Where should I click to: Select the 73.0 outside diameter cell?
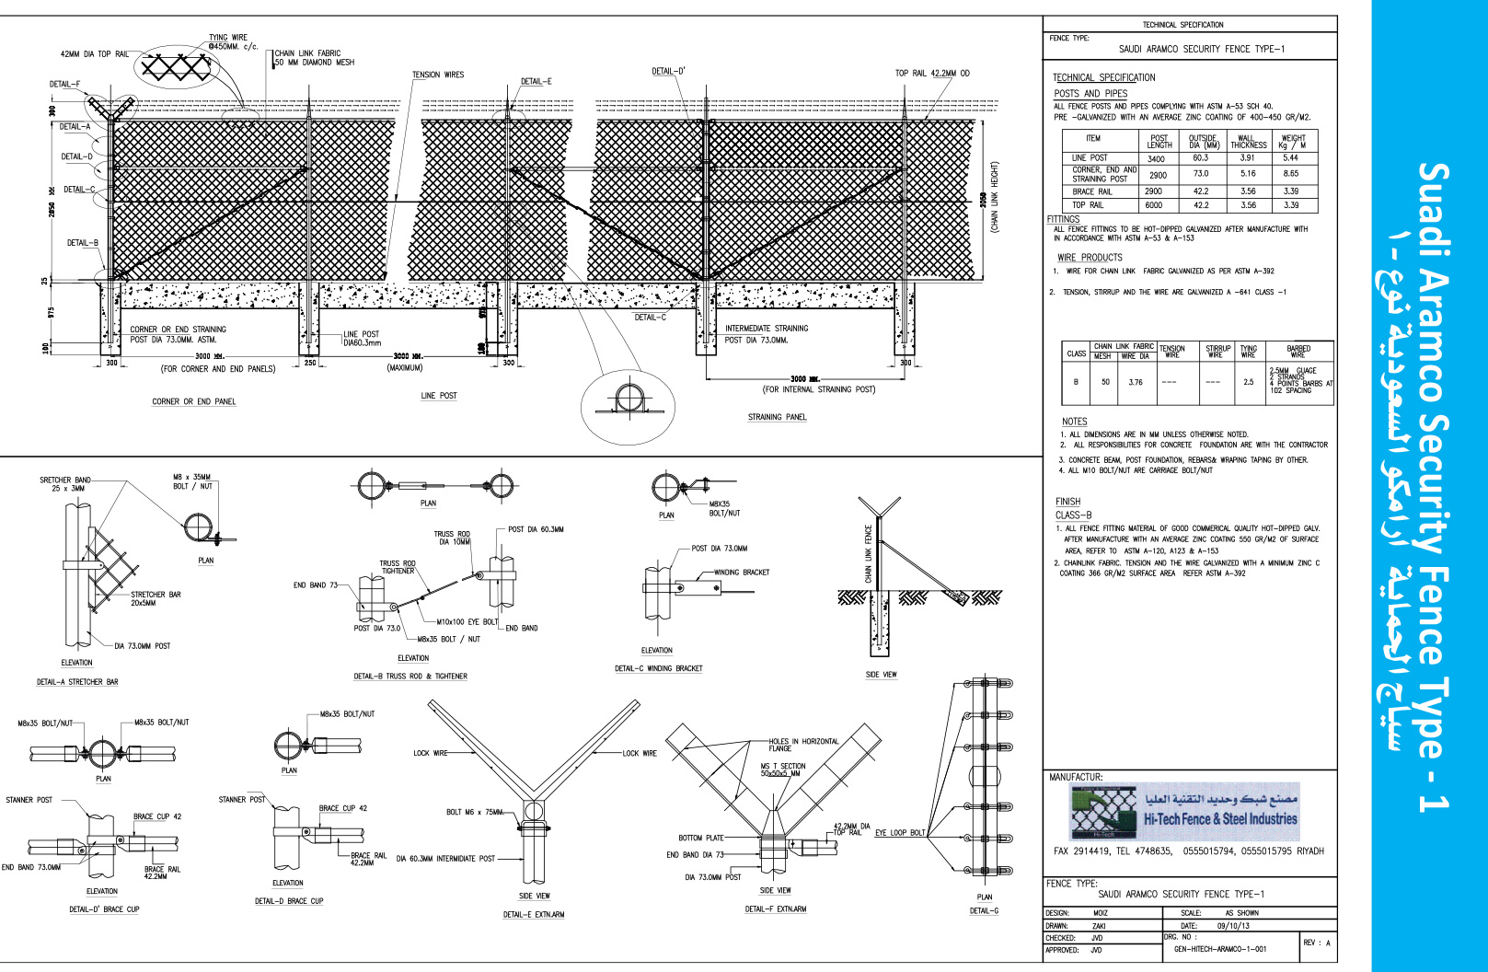point(1201,173)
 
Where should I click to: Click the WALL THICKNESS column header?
point(1247,141)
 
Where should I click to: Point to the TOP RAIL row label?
point(1088,205)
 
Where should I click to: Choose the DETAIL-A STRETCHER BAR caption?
point(77,682)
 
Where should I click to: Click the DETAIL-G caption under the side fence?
point(984,911)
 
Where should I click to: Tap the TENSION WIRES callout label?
point(438,75)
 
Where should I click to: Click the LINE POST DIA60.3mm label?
point(362,339)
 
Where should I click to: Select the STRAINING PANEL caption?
point(777,417)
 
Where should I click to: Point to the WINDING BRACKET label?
point(742,573)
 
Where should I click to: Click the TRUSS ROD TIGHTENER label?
point(398,567)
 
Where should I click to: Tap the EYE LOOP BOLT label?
point(900,833)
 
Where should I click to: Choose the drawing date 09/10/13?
point(1233,926)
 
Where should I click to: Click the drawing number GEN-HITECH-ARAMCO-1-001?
point(1220,949)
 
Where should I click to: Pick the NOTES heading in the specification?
point(1074,422)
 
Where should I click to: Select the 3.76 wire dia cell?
point(1136,382)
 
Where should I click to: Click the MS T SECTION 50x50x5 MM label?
point(782,769)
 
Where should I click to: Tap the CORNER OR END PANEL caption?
point(193,401)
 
